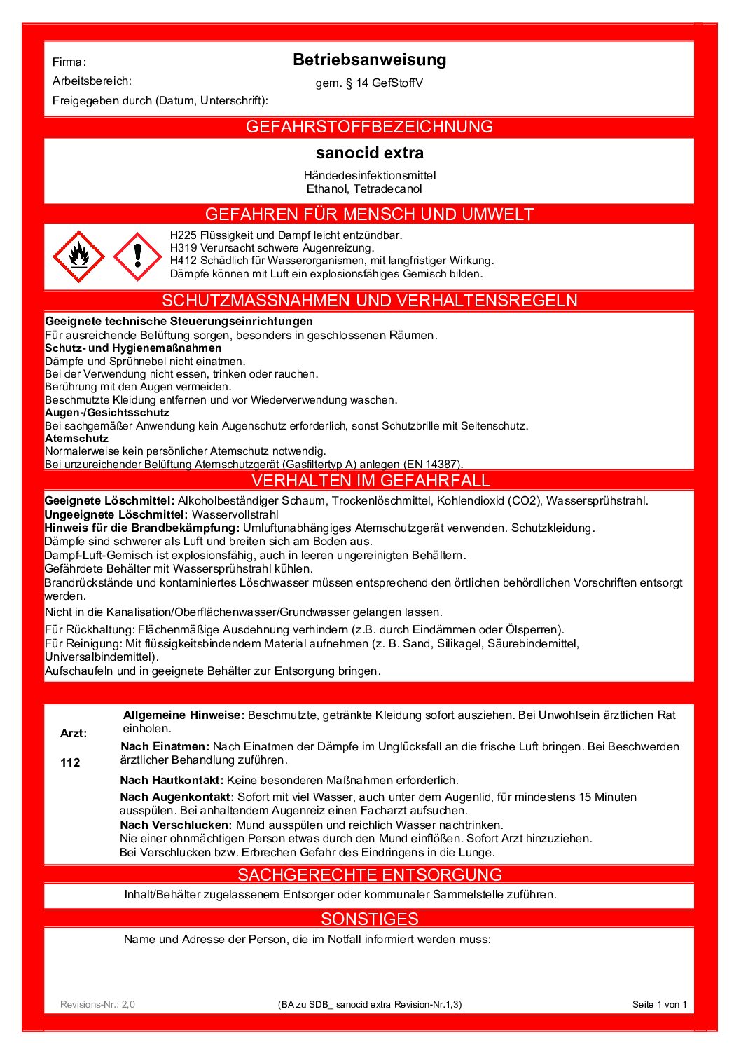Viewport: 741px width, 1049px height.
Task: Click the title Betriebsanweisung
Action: [x=369, y=60]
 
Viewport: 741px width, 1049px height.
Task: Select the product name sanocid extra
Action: [x=369, y=153]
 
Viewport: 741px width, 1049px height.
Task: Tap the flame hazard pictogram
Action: [x=78, y=256]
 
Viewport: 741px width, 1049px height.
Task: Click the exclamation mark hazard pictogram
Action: [x=137, y=256]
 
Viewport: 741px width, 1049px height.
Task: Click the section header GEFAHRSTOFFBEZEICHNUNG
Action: [x=369, y=127]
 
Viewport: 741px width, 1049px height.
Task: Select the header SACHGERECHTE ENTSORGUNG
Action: [x=369, y=875]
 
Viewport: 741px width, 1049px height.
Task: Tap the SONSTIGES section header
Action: [x=369, y=919]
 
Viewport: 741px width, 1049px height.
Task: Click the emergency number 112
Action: [x=70, y=762]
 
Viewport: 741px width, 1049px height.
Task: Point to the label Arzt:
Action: [x=74, y=734]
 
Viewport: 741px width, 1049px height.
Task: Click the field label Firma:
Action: [x=69, y=62]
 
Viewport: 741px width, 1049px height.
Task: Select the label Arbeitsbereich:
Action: [x=92, y=81]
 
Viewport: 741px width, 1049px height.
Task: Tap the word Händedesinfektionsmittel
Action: [x=369, y=175]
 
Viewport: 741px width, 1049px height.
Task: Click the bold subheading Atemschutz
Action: [x=76, y=439]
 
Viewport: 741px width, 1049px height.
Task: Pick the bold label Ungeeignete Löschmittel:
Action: [x=116, y=514]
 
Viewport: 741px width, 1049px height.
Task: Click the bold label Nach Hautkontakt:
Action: [x=172, y=780]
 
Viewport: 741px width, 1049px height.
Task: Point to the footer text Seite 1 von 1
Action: [x=659, y=1004]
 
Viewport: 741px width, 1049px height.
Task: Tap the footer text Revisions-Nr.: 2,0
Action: [x=97, y=1004]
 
